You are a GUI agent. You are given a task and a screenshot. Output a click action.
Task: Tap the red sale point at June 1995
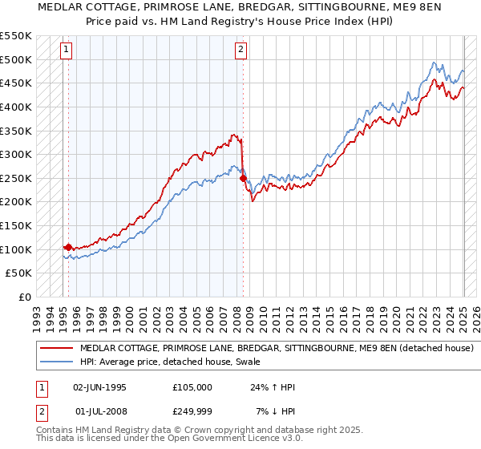(69, 247)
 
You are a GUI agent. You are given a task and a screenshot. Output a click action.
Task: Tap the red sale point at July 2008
(243, 178)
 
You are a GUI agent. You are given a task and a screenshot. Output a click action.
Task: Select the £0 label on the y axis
(24, 297)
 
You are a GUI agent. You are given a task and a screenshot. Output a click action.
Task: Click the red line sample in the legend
(57, 348)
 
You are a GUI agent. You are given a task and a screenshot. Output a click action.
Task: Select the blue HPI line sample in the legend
(57, 362)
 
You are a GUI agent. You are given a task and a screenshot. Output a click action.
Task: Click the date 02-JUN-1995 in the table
(99, 387)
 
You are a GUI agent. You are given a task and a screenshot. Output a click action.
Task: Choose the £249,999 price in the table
(192, 411)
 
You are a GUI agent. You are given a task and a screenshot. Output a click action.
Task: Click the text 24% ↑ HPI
(272, 387)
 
